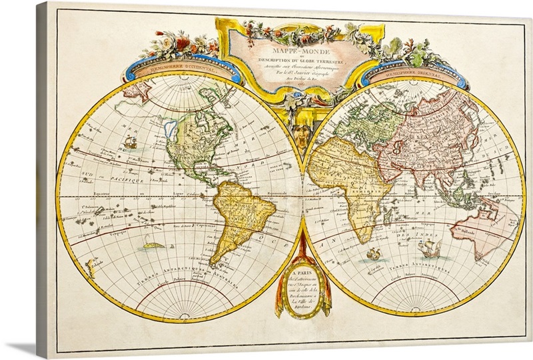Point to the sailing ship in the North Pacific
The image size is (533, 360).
click(131, 141)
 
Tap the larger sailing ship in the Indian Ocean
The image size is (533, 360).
click(430, 249)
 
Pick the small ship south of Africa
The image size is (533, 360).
click(374, 253)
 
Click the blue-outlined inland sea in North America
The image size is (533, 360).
click(172, 127)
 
